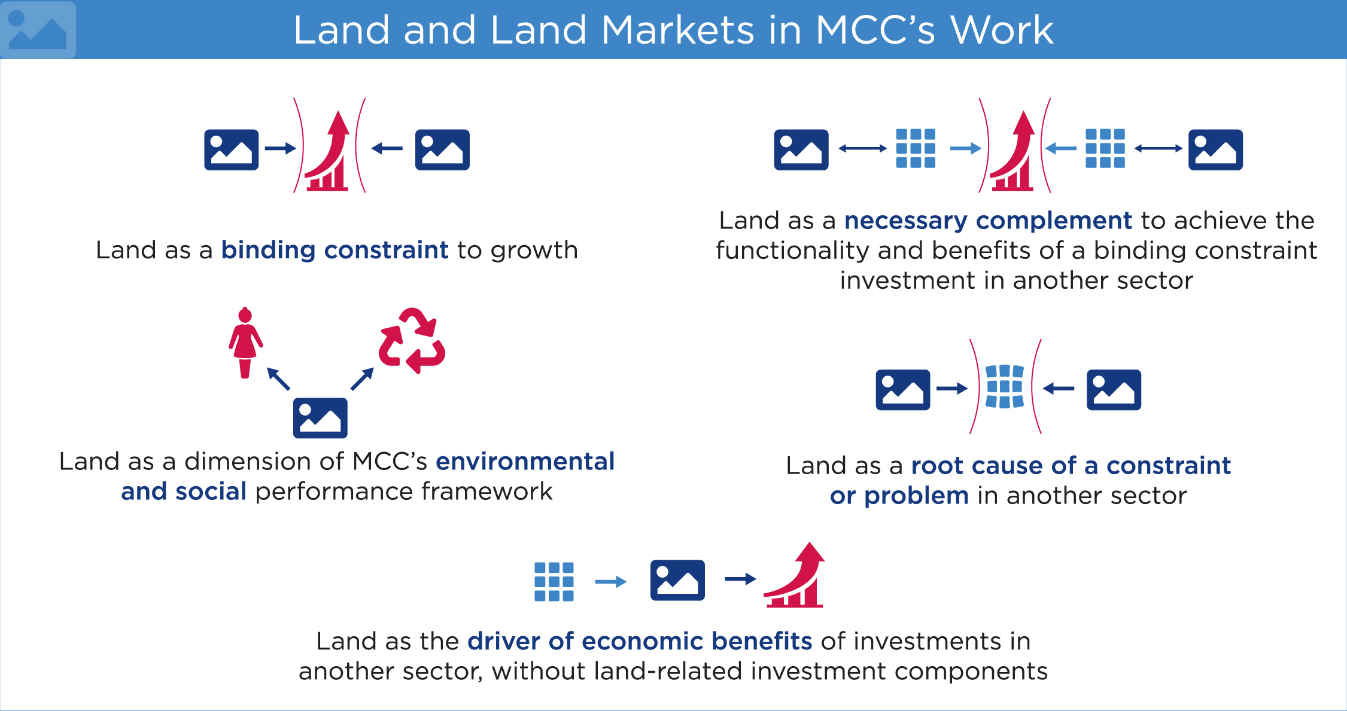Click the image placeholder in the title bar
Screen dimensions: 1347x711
point(38,29)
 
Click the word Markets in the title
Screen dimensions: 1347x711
point(677,30)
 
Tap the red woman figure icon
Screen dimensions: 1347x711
point(245,343)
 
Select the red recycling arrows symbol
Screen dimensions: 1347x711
point(412,340)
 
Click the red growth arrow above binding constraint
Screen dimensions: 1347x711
point(328,151)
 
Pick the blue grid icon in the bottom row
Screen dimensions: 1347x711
point(554,581)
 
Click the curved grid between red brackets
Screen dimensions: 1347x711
point(1005,386)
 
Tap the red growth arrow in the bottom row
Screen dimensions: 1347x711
point(795,575)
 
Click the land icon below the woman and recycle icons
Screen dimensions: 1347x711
point(320,418)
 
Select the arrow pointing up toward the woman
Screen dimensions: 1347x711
point(278,379)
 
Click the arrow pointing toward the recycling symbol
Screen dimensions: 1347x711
point(362,379)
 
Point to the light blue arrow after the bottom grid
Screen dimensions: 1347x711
point(611,582)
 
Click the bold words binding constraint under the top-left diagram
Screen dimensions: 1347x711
point(335,250)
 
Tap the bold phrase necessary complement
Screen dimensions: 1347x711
point(988,221)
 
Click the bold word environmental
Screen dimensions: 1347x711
point(525,462)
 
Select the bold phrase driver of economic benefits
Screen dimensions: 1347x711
point(640,641)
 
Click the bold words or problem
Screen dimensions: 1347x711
point(899,496)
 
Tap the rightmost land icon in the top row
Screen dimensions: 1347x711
point(1215,149)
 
